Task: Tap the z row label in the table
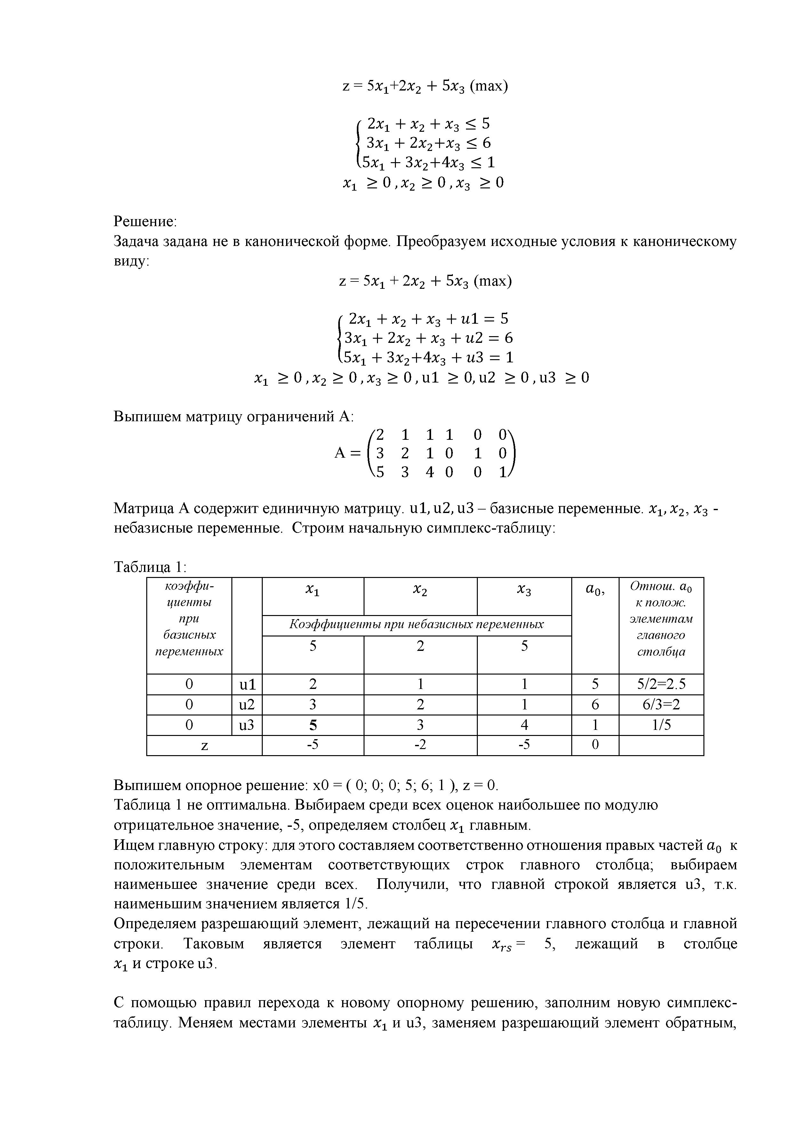coord(205,746)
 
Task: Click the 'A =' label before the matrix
coord(347,454)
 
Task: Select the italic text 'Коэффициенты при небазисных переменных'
coord(417,625)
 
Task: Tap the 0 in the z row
coord(595,746)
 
